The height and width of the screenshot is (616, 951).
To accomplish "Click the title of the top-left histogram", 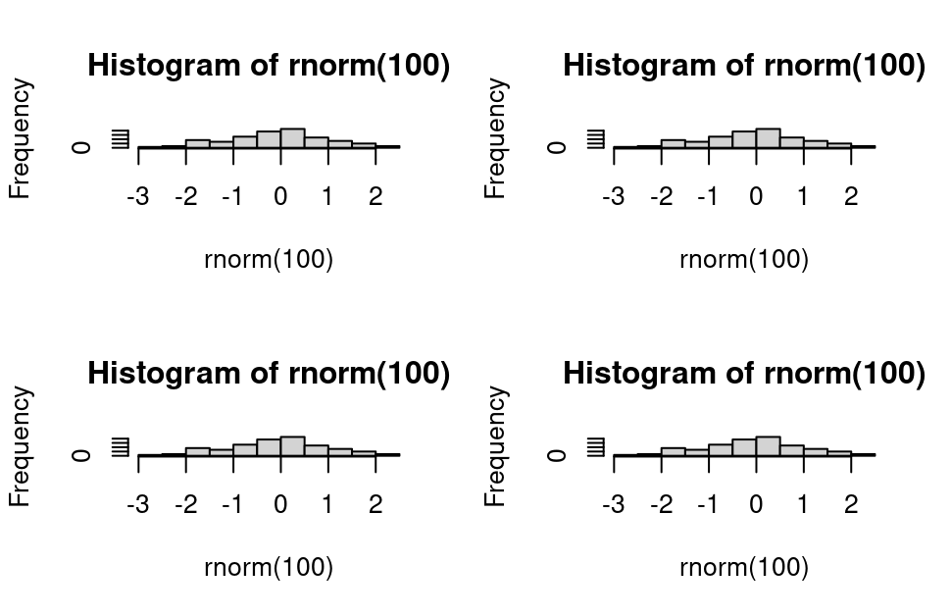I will coord(269,66).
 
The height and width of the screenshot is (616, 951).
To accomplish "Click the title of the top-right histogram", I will coord(744,66).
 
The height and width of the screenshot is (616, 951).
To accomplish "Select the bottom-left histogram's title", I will coord(269,374).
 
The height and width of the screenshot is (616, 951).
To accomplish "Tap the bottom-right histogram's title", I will coord(744,374).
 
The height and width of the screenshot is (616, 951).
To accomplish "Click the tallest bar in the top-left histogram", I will coord(292,138).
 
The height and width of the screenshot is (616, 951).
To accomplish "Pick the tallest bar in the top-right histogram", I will coord(768,138).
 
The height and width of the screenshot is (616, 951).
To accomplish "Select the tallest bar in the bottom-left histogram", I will coord(292,446).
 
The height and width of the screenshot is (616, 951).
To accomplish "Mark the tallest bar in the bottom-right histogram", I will coord(768,446).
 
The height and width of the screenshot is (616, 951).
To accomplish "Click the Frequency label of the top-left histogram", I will coord(21,139).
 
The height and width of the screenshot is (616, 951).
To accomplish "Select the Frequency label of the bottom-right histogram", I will coord(496,447).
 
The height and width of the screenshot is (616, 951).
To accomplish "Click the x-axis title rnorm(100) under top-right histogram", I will coord(744,260).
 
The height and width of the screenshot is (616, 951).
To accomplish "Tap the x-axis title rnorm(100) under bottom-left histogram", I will coord(269,568).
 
